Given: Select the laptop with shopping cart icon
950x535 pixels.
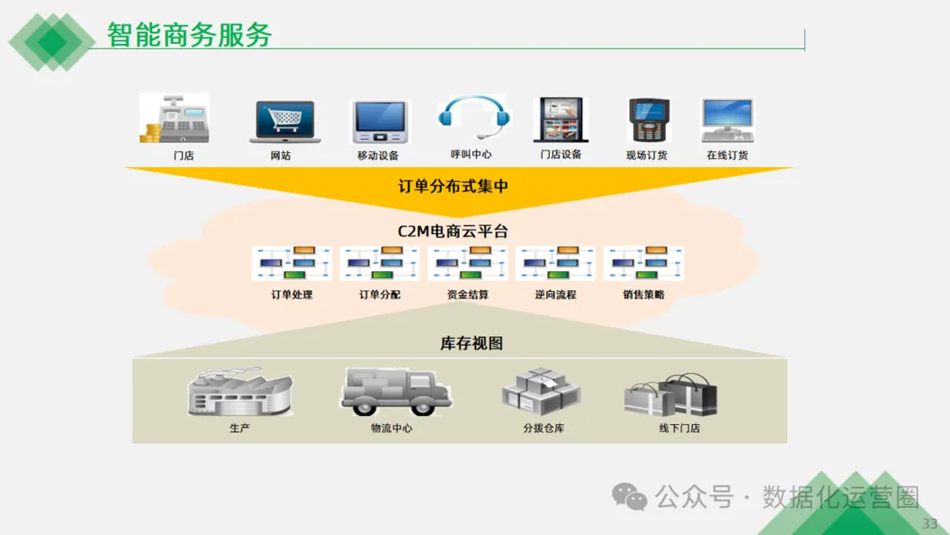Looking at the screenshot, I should [x=284, y=121].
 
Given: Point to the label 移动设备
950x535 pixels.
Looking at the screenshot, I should [x=377, y=156].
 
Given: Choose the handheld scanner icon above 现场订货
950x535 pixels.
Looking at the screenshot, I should [x=647, y=121].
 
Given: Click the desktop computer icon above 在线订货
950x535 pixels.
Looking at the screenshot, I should [x=727, y=120].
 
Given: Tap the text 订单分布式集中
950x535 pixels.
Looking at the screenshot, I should [x=453, y=187].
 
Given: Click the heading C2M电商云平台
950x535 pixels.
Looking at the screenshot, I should [x=453, y=231].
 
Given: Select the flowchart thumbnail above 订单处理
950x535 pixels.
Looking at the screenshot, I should [x=292, y=263].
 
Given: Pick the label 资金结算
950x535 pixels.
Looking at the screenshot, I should [x=468, y=296].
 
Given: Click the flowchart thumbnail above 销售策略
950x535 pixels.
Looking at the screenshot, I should [x=644, y=263].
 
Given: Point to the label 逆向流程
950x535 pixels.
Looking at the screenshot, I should [x=556, y=296].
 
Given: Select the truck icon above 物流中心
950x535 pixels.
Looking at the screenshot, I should [x=394, y=392].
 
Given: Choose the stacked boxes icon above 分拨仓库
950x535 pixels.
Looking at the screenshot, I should [x=543, y=392].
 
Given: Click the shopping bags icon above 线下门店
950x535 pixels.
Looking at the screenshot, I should [x=670, y=395].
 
